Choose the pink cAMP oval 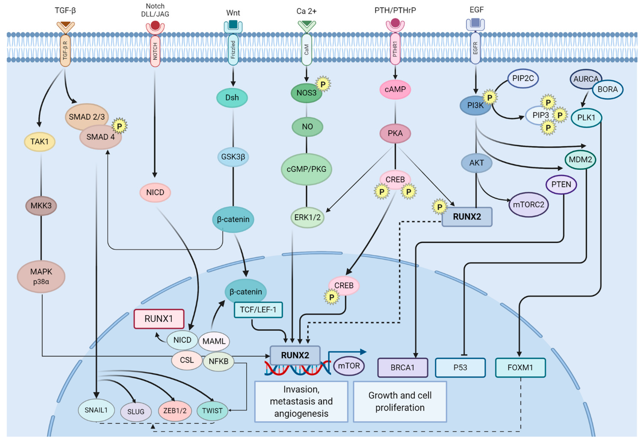pos(395,89)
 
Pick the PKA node pos(395,133)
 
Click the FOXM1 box pos(520,368)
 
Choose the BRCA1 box pos(402,368)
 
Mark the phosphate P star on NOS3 pos(323,84)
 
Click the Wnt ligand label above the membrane pos(233,13)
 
